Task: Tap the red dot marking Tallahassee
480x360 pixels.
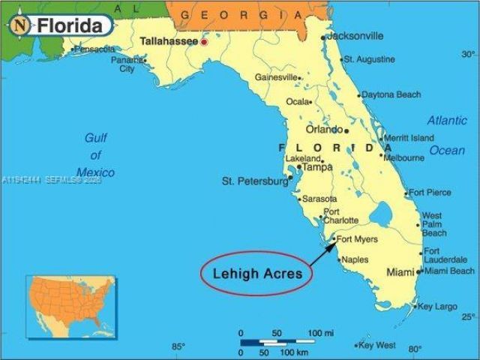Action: coord(203,41)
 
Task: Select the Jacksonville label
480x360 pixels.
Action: coord(356,35)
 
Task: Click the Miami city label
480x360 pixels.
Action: coord(400,272)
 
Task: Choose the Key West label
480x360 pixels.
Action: coord(377,345)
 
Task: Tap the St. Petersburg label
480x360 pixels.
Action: coord(255,181)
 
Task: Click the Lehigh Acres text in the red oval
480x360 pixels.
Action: coord(256,274)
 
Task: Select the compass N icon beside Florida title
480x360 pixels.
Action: coord(20,25)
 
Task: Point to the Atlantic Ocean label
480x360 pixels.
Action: coord(447,135)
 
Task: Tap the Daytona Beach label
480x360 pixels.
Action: coord(391,95)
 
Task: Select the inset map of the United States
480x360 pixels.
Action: coord(71,306)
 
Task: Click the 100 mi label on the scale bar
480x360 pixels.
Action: coord(320,332)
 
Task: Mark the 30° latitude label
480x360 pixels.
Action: coord(468,54)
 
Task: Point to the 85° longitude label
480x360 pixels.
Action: coord(178,346)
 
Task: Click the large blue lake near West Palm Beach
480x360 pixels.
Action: coord(381,217)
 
